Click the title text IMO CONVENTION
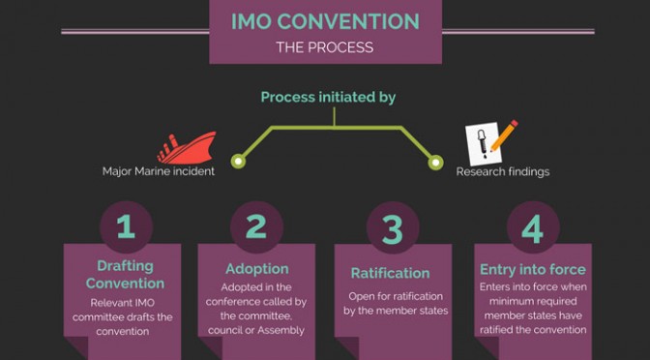point(325,21)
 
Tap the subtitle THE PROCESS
point(325,47)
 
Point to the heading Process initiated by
point(328,97)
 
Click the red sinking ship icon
point(187,148)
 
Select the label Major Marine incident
point(159,171)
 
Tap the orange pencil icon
point(504,135)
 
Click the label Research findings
point(503,171)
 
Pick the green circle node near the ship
point(238,162)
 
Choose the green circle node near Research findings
point(435,163)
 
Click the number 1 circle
point(126,226)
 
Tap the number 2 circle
point(256,226)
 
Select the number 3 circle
point(393,227)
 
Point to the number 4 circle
point(533,227)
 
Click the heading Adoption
point(257,269)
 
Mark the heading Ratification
point(390,273)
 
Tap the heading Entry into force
point(533,270)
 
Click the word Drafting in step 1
point(125,266)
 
